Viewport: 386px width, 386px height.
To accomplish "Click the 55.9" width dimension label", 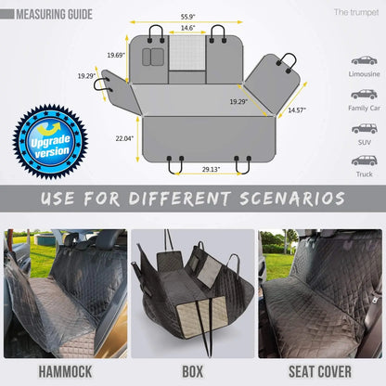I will click(187, 17).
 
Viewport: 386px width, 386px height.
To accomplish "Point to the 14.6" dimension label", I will click(187, 29).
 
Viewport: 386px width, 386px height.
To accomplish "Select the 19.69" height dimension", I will click(116, 55).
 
